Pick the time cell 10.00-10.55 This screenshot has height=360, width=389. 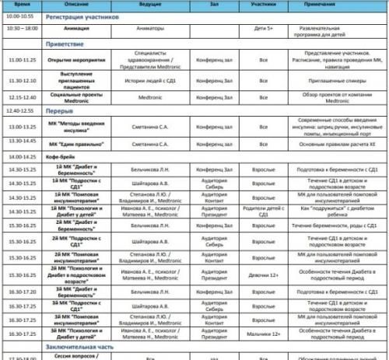point(22,15)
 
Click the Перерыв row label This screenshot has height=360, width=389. point(60,110)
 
